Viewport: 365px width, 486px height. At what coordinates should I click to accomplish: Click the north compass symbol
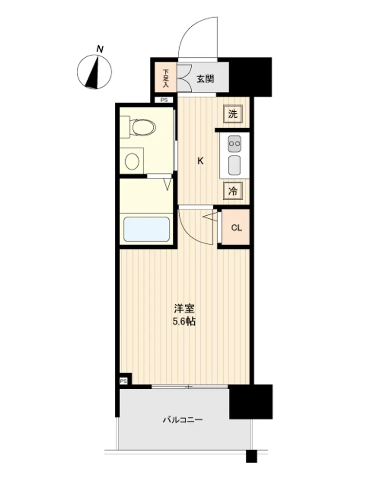tap(94, 72)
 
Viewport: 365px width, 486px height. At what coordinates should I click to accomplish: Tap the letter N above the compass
tap(100, 49)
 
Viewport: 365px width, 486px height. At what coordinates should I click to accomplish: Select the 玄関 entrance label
tap(205, 79)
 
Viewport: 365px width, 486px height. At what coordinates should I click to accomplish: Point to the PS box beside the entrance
tap(164, 100)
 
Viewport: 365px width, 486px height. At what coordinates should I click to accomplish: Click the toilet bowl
tap(143, 127)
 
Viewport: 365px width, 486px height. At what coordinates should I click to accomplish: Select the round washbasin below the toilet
tap(132, 161)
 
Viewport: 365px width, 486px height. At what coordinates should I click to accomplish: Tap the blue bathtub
tap(146, 229)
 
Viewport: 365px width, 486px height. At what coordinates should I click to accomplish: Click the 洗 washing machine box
tap(233, 114)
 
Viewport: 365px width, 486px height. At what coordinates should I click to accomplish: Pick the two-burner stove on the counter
tap(235, 144)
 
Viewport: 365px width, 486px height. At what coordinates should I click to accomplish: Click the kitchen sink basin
tap(235, 165)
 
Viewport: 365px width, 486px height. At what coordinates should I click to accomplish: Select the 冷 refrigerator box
tap(233, 191)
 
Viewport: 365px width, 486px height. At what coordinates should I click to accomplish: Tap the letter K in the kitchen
tap(201, 161)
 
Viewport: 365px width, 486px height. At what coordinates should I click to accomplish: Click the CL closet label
tap(237, 228)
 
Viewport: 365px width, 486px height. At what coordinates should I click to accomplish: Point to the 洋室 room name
tap(184, 309)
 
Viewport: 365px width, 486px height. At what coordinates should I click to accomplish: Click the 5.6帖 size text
tap(184, 322)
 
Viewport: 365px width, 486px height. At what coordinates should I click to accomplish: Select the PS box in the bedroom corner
tap(124, 381)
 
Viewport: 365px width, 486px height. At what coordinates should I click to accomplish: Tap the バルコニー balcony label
tap(183, 420)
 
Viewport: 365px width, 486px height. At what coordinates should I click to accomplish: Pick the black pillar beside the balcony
tap(251, 402)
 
